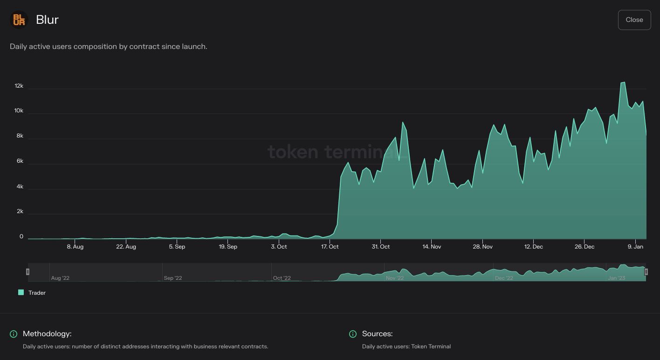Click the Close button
click(634, 20)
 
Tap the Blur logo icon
click(19, 20)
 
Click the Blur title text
click(47, 20)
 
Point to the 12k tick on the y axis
click(19, 86)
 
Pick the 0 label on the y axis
click(21, 237)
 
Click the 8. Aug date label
click(75, 247)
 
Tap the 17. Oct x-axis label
click(330, 247)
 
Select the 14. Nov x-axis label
click(432, 247)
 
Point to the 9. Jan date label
click(636, 247)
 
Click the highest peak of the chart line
click(623, 83)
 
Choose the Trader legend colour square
click(21, 292)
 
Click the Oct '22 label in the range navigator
click(282, 278)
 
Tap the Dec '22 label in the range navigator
click(504, 278)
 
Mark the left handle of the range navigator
click(27, 272)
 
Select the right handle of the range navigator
click(646, 272)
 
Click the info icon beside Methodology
click(14, 334)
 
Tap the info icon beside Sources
click(353, 334)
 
